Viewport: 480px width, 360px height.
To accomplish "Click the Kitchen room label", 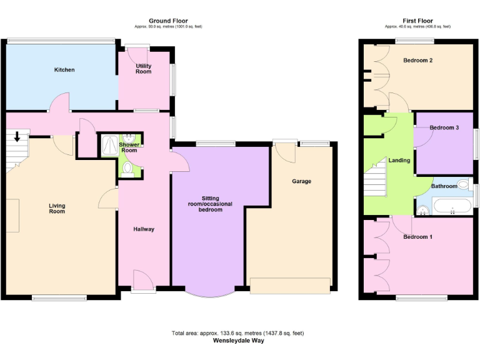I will coord(64,69).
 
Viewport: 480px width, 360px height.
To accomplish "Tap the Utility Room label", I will coord(144,69).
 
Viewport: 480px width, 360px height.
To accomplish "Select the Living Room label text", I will coord(57,208).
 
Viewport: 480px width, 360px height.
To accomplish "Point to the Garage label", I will coord(301,181).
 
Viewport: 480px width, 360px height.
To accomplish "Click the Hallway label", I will coord(144,229).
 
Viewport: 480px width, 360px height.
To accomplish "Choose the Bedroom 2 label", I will coord(418,61).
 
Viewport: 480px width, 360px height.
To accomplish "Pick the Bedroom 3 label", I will coord(444,127).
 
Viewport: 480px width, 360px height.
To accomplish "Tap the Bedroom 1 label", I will coord(417,237).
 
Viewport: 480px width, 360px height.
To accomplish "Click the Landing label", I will coord(399,160).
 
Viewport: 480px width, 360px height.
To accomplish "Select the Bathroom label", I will coord(444,186).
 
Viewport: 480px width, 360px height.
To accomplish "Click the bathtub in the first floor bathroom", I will coord(451,207).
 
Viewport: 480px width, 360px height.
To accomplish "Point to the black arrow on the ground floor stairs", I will coord(17,136).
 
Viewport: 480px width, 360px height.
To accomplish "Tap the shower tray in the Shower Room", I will coord(109,146).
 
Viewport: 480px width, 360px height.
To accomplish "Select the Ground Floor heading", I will coord(168,21).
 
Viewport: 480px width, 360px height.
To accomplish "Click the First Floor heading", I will coord(418,21).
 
